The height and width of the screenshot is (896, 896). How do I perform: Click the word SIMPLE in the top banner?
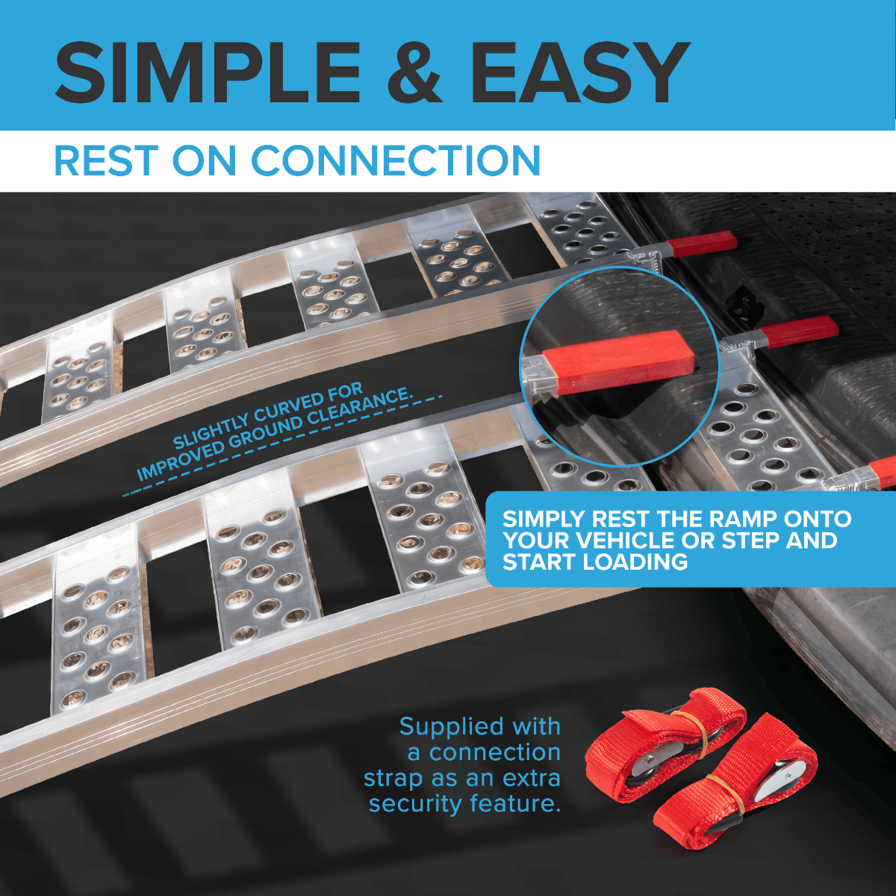tap(208, 72)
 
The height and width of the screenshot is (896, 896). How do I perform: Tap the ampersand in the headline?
tap(414, 72)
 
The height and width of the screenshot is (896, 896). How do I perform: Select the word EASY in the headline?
tap(580, 72)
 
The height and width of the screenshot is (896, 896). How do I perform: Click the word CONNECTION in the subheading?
tap(396, 161)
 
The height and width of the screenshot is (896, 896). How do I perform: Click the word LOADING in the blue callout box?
tap(634, 562)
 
